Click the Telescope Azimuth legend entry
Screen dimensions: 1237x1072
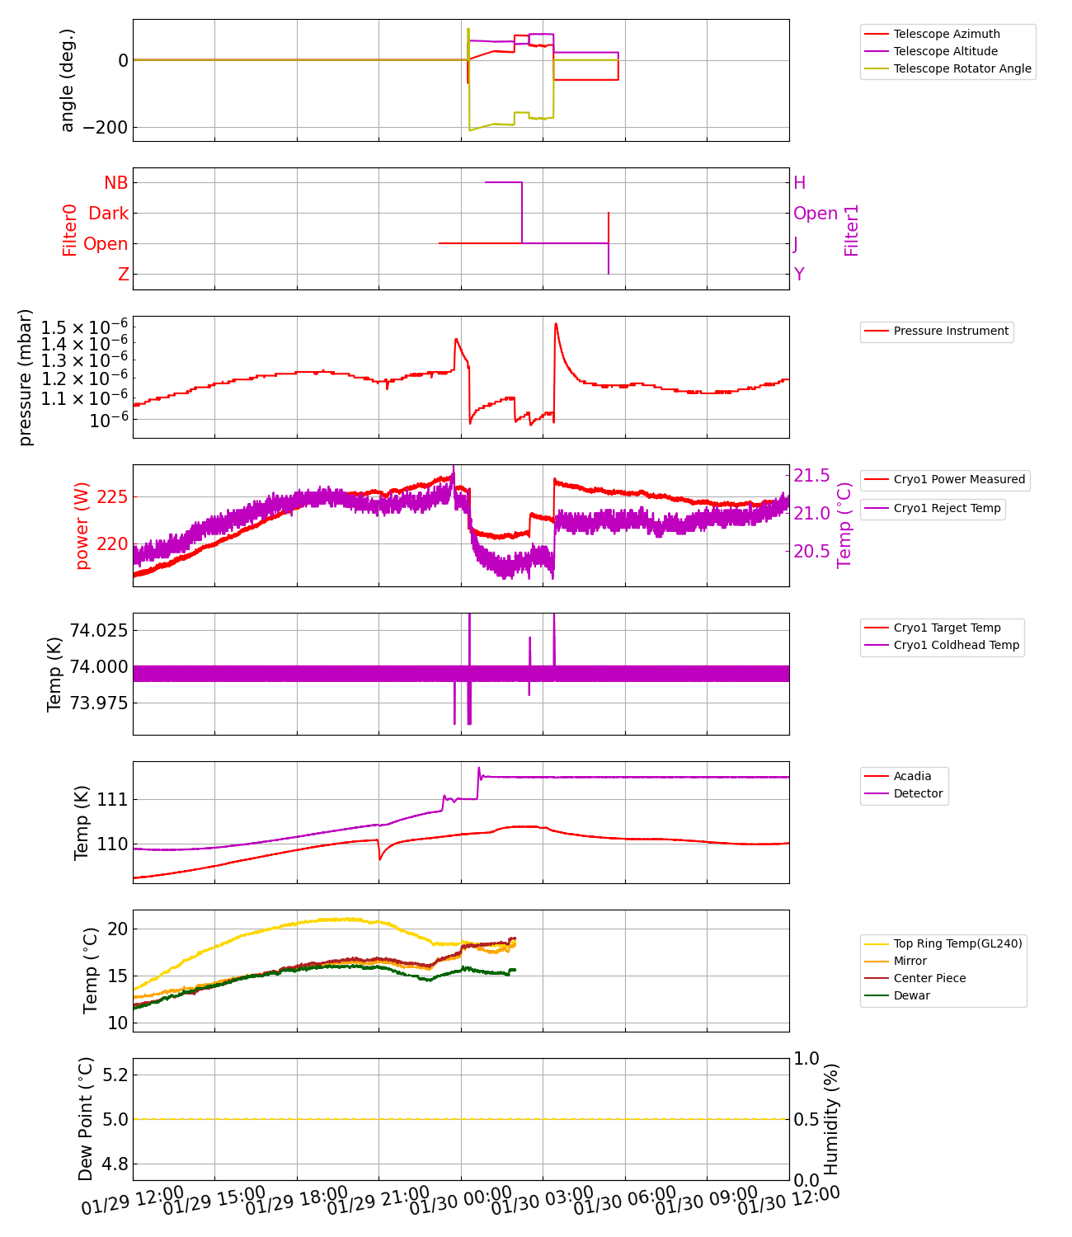947,34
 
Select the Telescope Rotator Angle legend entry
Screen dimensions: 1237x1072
962,68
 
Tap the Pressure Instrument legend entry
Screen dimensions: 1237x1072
951,331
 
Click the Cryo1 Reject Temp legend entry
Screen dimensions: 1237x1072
947,508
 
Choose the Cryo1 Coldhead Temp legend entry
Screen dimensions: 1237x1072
957,645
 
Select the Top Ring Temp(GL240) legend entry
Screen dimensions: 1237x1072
957,943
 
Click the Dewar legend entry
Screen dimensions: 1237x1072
911,995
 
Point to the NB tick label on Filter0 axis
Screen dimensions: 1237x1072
115,182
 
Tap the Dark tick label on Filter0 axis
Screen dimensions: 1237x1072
108,213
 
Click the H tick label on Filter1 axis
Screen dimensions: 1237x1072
799,182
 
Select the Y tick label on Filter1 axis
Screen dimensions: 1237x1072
799,274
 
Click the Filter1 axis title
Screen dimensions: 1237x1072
852,230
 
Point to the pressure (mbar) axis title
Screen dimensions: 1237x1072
26,377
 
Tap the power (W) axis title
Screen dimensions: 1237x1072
82,532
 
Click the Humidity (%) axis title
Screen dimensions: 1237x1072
831,1119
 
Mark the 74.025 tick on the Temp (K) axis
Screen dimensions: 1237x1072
98,630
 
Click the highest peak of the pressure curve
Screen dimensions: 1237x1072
556,323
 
